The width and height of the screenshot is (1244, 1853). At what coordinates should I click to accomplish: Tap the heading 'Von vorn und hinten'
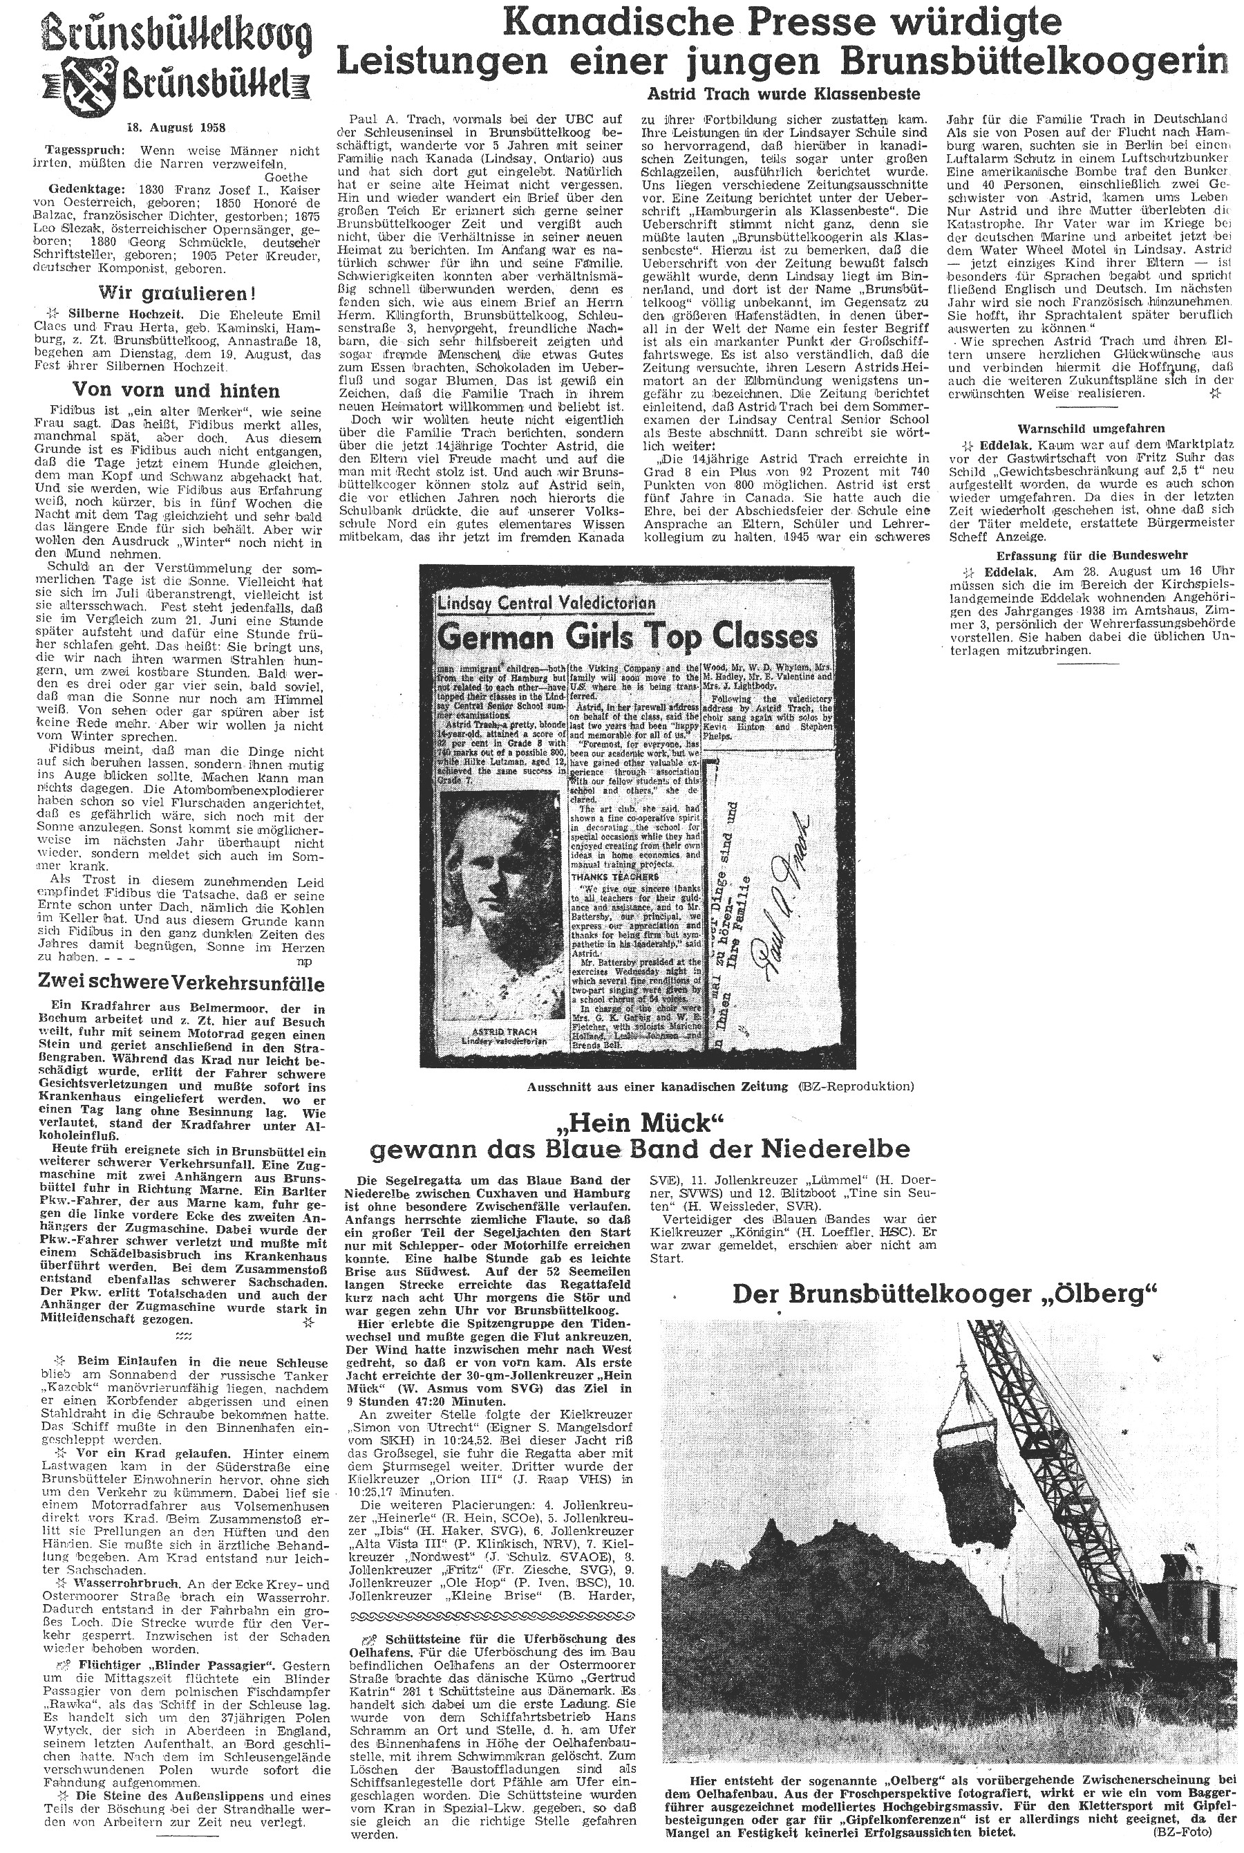(x=176, y=391)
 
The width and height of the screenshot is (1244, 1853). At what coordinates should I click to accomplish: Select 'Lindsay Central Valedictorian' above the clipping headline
(x=547, y=602)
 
